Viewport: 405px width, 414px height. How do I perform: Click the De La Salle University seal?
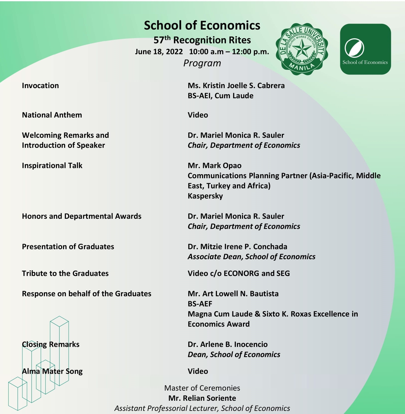302,49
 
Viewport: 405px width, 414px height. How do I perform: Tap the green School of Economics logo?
365,49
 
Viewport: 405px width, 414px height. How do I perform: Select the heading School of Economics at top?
202,26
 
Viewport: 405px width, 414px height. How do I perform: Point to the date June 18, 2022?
159,52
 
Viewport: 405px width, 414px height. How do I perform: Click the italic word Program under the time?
202,63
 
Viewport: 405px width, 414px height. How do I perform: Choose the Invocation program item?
40,86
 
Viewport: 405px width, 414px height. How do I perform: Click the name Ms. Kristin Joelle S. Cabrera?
236,86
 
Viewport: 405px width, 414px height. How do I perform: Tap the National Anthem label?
52,115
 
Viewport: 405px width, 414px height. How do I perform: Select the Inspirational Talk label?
52,165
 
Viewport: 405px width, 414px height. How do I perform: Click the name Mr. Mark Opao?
214,165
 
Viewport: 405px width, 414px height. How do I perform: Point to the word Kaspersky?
205,196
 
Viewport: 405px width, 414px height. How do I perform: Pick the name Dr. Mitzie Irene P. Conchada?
237,247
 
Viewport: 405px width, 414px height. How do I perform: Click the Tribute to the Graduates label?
65,273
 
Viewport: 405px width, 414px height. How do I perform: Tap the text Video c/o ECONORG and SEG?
238,273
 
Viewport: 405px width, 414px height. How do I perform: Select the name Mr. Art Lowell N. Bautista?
233,294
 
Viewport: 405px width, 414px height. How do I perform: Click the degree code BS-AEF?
200,304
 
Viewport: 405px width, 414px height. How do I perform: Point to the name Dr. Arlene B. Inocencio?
227,344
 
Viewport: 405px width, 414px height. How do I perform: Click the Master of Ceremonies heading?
202,388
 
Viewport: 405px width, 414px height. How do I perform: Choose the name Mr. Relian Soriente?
202,398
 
